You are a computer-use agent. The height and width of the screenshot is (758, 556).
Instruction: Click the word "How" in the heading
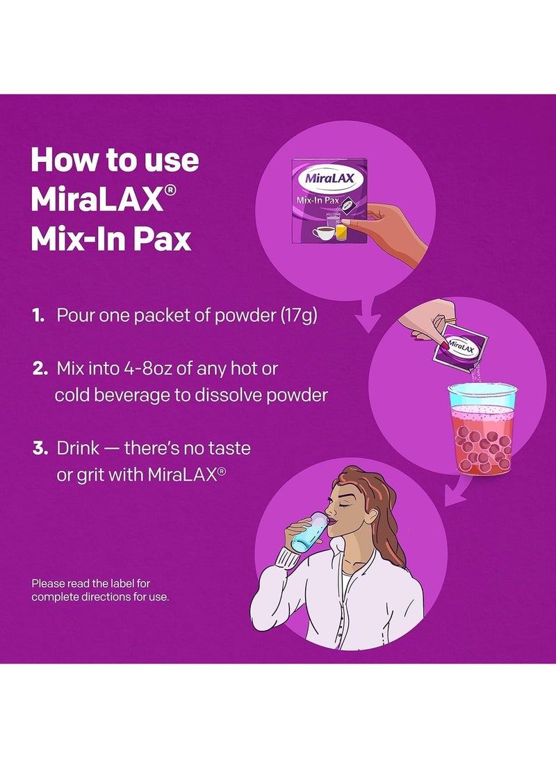point(63,160)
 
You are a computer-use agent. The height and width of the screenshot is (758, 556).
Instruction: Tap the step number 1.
point(39,315)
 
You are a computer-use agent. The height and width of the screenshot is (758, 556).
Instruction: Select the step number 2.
point(40,369)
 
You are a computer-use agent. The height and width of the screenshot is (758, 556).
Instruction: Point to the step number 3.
point(40,448)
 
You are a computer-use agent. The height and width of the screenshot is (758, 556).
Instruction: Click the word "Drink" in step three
point(78,448)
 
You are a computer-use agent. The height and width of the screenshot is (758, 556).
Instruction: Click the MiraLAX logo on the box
point(329,179)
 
